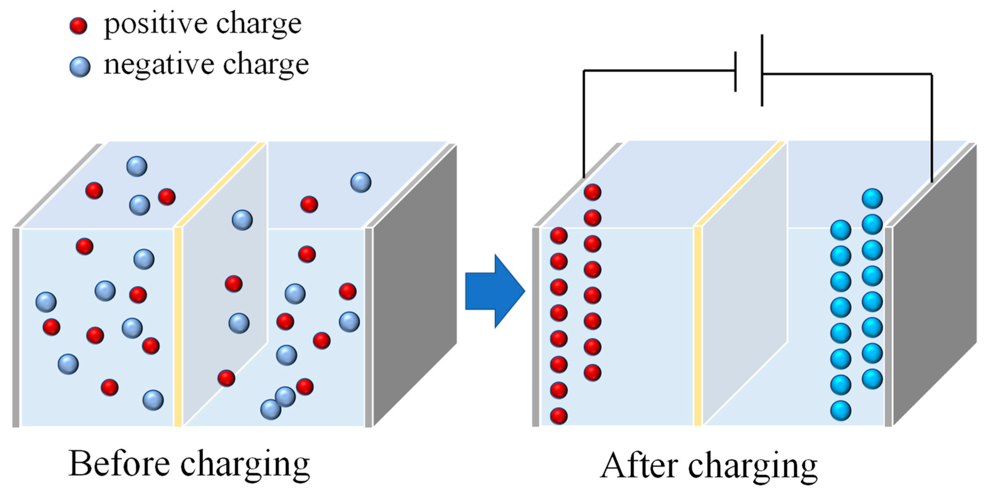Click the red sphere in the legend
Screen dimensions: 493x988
[78, 26]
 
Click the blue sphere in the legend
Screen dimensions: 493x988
[80, 66]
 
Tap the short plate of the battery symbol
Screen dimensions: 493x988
[735, 72]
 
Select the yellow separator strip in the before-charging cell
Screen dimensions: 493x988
[177, 326]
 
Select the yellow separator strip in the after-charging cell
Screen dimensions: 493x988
[698, 326]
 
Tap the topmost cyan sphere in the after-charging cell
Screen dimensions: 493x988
[872, 199]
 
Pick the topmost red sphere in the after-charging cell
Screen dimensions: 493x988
[592, 192]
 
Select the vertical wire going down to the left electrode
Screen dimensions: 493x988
[584, 123]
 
